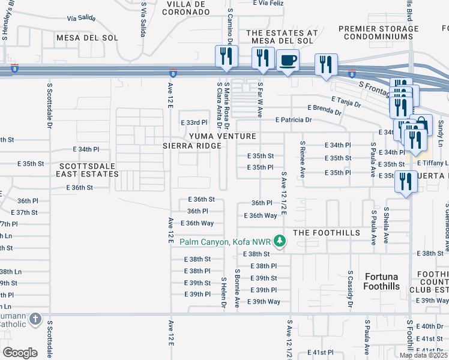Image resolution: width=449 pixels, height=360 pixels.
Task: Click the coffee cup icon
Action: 288,60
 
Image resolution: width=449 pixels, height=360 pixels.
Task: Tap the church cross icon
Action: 35,319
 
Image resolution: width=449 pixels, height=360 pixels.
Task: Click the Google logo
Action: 19,352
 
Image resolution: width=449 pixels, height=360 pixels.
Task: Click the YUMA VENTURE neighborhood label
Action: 222,136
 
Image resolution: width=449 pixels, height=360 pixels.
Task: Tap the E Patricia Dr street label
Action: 294,119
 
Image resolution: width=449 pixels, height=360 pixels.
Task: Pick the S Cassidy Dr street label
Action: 349,291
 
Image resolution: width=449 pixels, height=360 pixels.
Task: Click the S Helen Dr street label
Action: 223,293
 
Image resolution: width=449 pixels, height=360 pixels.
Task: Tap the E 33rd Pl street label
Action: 194,122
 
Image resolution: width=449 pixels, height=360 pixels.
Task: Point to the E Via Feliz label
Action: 268,3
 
